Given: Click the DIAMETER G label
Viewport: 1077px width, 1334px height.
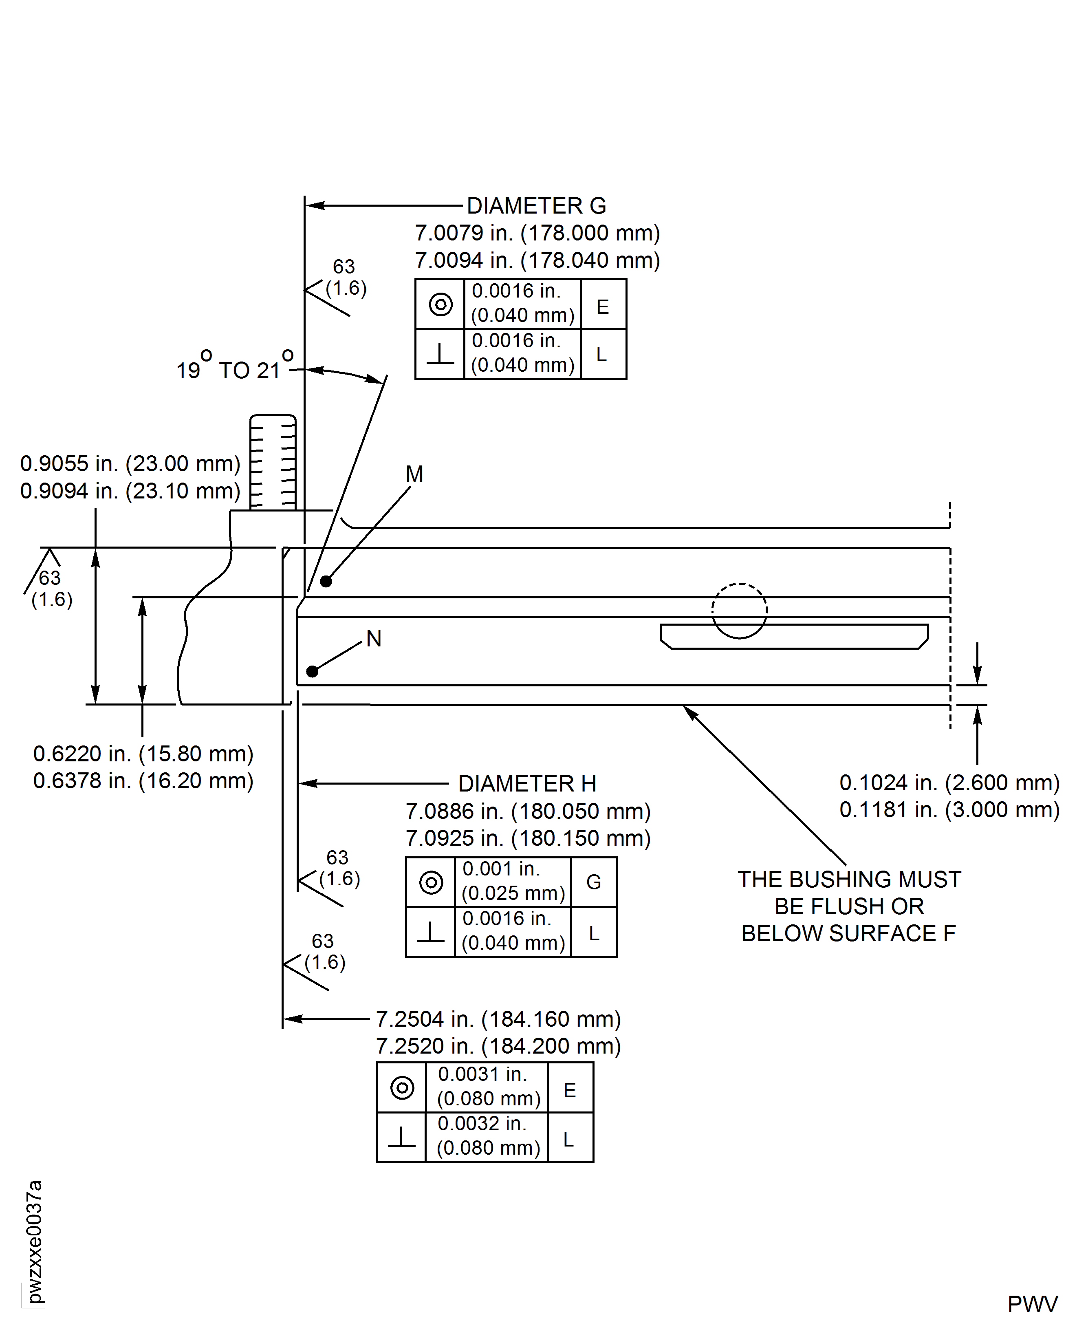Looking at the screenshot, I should pos(536,205).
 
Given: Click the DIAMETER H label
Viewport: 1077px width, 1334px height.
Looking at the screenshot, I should pos(527,784).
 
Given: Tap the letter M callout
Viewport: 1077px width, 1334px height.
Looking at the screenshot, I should pos(414,474).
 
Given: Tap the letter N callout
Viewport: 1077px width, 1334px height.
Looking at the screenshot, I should pos(374,638).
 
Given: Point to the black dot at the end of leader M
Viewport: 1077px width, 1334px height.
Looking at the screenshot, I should pos(326,581).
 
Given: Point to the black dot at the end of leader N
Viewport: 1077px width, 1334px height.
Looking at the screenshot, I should pos(313,671).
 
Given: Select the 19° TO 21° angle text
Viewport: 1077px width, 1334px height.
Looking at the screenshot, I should pos(234,368).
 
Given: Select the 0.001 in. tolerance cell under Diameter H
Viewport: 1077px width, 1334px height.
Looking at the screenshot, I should pos(513,881).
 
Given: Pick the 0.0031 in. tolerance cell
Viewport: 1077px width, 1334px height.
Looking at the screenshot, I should pos(488,1087).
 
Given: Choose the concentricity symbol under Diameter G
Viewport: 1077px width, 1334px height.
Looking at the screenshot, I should pos(440,304).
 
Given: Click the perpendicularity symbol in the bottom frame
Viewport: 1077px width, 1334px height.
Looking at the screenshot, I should pos(401,1137).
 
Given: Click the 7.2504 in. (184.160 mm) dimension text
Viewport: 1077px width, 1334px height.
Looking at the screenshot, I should pos(498,1019).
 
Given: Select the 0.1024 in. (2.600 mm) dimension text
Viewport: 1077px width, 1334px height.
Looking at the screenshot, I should pos(949,783).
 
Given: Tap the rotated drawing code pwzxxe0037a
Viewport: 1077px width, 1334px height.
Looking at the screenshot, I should pos(35,1241).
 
